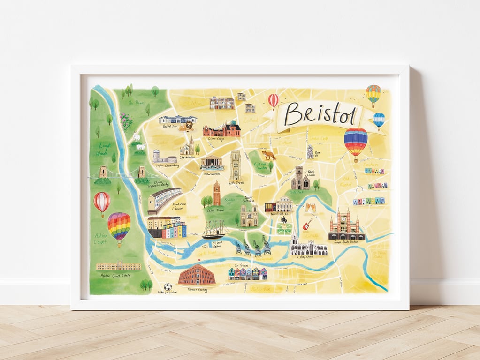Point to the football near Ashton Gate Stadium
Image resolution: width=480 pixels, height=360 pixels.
click(168, 286)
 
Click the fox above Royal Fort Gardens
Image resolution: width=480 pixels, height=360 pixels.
click(269, 155)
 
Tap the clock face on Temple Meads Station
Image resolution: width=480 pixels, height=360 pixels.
click(343, 218)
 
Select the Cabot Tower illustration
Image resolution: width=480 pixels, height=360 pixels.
click(216, 194)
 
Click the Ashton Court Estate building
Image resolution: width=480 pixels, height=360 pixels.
click(118, 266)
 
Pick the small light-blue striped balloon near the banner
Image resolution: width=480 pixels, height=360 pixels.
click(379, 120)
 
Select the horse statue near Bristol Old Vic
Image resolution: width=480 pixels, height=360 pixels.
click(283, 220)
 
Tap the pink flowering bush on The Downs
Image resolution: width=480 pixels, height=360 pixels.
click(126, 121)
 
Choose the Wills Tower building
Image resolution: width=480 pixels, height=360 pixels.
click(236, 165)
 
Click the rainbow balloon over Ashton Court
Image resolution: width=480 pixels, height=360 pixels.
click(119, 227)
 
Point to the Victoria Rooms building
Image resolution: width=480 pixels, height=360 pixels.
click(212, 163)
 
